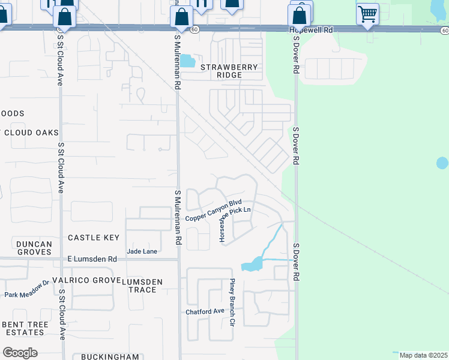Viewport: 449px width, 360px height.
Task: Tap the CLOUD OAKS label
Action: tap(31, 133)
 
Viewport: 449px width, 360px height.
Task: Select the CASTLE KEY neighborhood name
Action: tap(94, 238)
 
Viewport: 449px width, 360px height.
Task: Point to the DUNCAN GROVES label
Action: tap(34, 248)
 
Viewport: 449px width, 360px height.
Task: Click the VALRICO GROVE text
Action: tap(86, 280)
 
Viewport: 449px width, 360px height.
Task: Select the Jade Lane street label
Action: tap(142, 251)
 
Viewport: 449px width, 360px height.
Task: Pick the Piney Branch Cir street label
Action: tap(232, 303)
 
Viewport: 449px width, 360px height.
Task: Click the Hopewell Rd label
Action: tap(310, 29)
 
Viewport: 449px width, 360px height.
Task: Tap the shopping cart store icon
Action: tap(367, 13)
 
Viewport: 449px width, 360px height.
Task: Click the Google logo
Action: tap(20, 352)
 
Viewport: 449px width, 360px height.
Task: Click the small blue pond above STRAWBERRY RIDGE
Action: tap(188, 61)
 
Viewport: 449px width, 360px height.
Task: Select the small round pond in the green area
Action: tap(442, 163)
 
